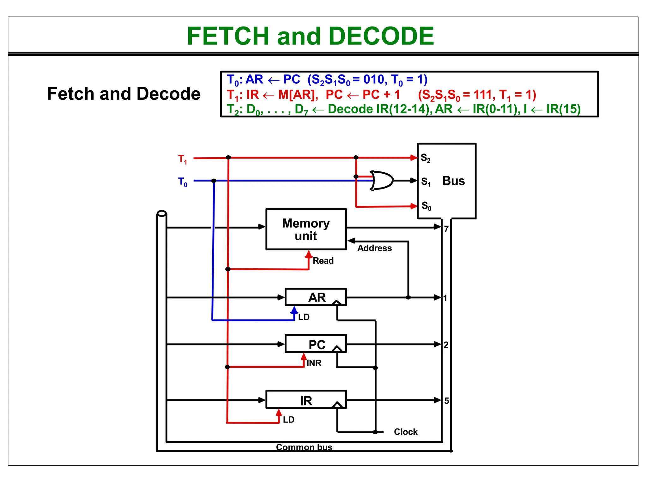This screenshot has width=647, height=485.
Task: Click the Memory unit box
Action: [x=306, y=229]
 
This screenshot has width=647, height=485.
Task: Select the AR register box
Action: [x=315, y=297]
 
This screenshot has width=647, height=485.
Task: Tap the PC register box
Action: [x=315, y=344]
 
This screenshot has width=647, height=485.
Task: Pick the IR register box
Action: [x=306, y=400]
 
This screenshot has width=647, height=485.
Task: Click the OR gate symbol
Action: [x=383, y=181]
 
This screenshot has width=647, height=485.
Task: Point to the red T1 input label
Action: [x=183, y=159]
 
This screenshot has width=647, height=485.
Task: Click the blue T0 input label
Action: [x=183, y=182]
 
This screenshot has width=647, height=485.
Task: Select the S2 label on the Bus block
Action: [x=426, y=158]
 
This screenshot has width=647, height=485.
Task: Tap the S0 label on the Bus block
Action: [x=426, y=206]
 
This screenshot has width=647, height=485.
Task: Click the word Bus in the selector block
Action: [x=453, y=181]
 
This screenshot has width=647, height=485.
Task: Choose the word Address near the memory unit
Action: [x=374, y=248]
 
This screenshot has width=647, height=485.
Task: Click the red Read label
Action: [x=323, y=261]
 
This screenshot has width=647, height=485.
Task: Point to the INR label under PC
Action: [x=314, y=363]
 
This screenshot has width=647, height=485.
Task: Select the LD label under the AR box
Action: [x=304, y=317]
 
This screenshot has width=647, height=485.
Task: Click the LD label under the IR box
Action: [x=288, y=420]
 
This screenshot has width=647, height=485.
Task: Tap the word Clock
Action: [x=406, y=432]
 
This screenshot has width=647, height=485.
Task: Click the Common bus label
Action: [x=304, y=447]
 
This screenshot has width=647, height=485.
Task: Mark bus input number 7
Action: [x=446, y=229]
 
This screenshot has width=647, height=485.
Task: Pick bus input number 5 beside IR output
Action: [x=446, y=401]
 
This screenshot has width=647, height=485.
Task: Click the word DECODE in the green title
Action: [x=381, y=36]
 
